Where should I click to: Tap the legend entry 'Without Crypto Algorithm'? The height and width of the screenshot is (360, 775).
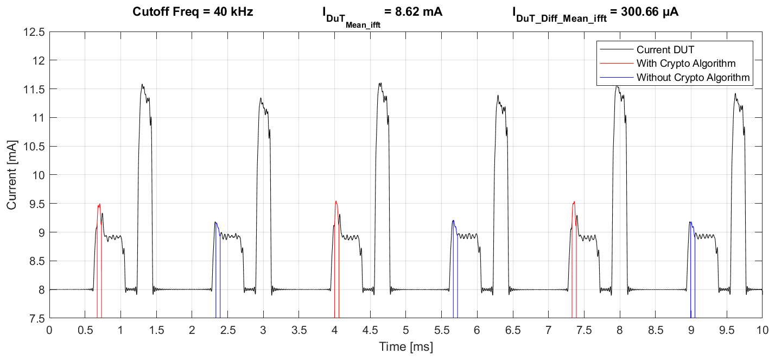[693, 78]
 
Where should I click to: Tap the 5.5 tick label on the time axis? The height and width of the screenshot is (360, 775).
[441, 330]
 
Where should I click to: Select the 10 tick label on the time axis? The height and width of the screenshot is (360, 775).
[763, 330]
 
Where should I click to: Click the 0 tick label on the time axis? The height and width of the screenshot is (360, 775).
[49, 330]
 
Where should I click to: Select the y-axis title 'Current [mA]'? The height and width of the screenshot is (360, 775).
[11, 175]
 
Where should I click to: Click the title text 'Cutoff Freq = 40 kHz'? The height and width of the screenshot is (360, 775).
[193, 11]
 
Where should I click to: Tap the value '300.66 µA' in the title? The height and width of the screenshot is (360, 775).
[646, 11]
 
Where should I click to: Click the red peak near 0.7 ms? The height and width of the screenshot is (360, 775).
[99, 205]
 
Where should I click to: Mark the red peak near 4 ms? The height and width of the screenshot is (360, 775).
[336, 201]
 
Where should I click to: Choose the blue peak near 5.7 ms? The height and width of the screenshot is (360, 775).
[453, 220]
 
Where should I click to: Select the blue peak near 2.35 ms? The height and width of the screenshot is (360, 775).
[215, 222]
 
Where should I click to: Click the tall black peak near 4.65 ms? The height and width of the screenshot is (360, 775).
[380, 84]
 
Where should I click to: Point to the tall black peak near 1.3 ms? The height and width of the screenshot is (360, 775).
[142, 85]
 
